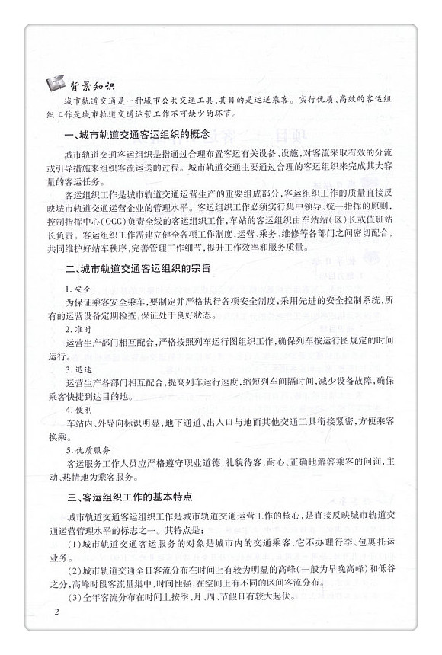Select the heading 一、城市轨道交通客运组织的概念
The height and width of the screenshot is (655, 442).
tap(137, 135)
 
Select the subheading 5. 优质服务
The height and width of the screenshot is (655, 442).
tap(85, 449)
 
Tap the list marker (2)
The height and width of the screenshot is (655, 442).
tap(75, 572)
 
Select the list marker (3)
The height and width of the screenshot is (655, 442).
tap(75, 596)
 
